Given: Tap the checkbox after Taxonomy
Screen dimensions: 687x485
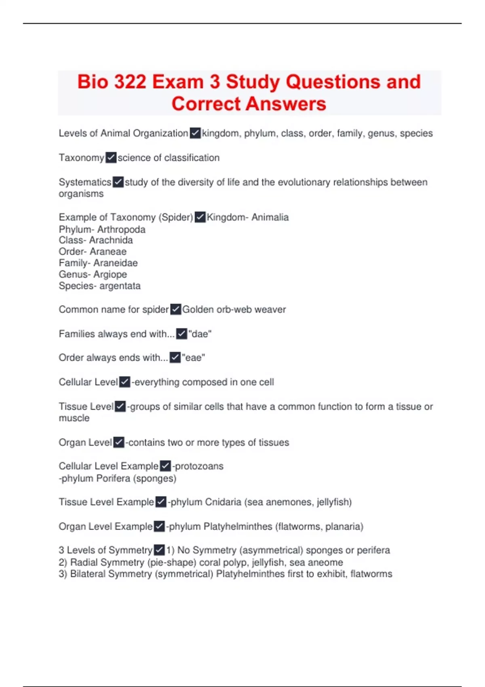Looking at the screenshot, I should [x=111, y=158].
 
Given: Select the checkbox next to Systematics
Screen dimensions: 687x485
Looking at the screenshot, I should [x=118, y=182].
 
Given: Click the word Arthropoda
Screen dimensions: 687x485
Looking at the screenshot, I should [x=121, y=230].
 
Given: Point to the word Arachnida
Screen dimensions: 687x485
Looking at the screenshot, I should [x=111, y=240].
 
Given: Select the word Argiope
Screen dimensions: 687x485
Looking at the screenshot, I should [x=110, y=274].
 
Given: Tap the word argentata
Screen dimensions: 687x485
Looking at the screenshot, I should [x=120, y=286].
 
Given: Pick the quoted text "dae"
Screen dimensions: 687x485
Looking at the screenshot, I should [x=200, y=334].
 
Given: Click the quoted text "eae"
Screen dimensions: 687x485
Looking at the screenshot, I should [x=194, y=358].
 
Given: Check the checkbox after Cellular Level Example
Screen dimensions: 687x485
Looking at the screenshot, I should [x=165, y=466].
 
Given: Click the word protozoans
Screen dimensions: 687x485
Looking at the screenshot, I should [x=199, y=466].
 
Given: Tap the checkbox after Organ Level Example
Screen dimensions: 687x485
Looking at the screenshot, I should [x=159, y=527].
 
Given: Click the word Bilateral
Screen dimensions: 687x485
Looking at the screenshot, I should [x=90, y=574].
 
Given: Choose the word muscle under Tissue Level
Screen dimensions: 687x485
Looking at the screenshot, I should [x=74, y=418].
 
